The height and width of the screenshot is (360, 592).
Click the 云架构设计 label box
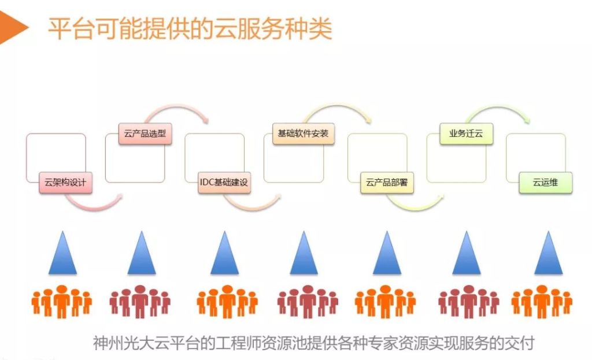(65, 183)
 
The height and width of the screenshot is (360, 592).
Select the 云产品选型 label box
(145, 134)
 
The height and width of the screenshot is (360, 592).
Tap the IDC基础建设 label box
(224, 183)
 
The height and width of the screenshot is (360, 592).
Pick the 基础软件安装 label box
(303, 134)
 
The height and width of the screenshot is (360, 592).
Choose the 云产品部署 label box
(387, 183)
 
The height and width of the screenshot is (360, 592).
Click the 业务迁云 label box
(465, 134)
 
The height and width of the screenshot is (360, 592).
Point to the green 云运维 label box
(545, 183)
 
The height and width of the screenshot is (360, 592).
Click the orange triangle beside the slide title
(13, 27)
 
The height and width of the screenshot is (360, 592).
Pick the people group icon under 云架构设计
(61, 301)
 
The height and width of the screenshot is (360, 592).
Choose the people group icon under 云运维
(542, 301)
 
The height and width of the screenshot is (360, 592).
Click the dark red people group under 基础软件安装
(308, 301)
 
